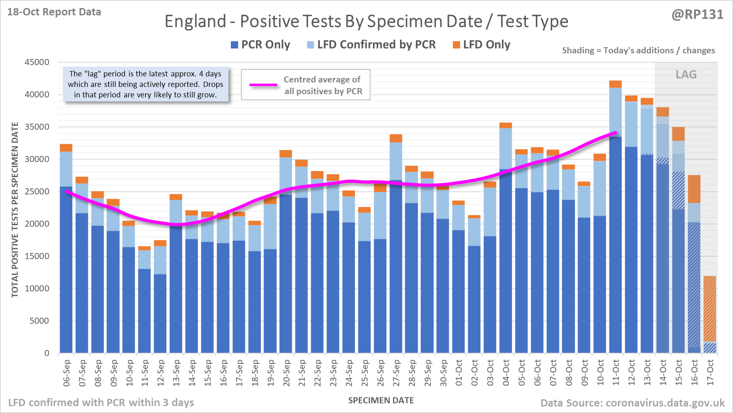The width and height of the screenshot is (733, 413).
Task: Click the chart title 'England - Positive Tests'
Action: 366,21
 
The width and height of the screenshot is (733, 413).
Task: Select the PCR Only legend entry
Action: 260,45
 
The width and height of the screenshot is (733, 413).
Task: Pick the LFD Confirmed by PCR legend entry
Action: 371,45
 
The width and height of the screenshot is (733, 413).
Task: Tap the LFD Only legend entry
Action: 482,45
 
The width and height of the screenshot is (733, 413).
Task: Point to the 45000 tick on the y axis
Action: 37,62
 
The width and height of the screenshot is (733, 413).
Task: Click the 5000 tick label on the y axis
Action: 40,321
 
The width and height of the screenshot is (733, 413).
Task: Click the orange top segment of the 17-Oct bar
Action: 710,309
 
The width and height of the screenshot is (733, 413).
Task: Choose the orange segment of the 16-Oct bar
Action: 694,189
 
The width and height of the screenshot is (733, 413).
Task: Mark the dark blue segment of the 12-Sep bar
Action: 160,314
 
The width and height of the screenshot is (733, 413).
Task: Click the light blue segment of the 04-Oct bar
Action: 506,148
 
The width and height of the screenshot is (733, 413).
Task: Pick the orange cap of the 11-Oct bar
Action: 616,84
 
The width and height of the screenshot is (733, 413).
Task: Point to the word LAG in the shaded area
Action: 686,75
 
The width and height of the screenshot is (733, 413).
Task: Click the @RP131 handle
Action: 697,15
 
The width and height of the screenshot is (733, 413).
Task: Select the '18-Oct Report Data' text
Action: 54,12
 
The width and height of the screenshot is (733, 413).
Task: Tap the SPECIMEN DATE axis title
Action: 381,400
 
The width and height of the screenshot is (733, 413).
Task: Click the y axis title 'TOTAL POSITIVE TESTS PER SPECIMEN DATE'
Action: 15,209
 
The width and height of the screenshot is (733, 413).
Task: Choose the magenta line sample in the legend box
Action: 264,85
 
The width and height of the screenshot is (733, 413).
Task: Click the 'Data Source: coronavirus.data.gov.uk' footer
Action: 632,403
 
